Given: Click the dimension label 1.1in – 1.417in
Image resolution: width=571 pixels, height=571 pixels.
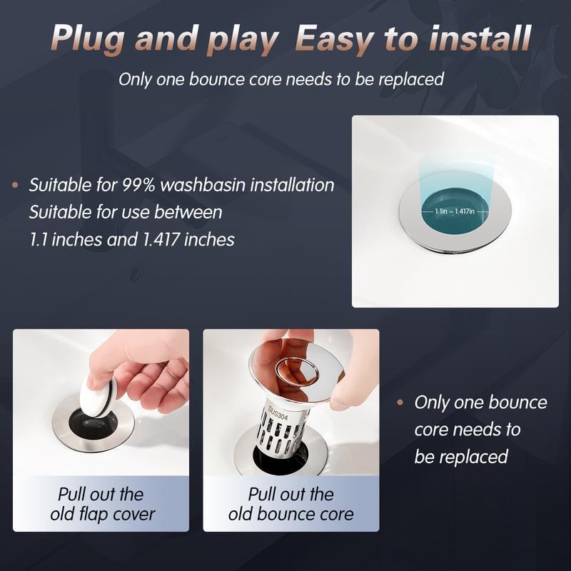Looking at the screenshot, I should [455, 211].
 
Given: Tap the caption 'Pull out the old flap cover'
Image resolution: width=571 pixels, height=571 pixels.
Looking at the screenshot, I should [101, 504].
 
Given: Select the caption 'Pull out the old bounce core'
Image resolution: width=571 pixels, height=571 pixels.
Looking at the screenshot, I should [290, 504].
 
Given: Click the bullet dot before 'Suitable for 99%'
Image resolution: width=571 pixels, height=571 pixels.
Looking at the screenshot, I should [15, 186].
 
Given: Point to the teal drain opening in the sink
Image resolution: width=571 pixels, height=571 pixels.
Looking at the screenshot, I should [455, 200].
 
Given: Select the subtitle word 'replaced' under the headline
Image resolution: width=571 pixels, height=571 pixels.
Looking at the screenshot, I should [414, 79].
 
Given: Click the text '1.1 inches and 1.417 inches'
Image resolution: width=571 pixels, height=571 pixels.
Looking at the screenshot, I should [132, 240].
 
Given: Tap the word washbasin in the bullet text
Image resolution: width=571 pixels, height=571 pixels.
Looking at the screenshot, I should [204, 186].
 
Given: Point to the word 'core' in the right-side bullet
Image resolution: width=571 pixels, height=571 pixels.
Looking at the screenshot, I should [431, 430].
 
